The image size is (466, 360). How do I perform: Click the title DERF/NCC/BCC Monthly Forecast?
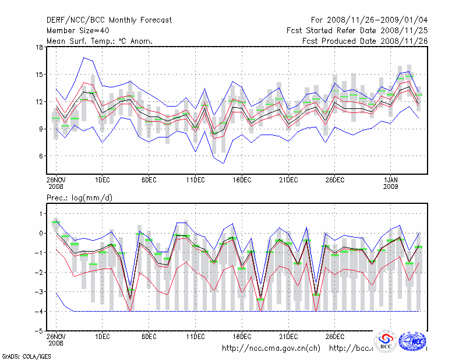[109, 20]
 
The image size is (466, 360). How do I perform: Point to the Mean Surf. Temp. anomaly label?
[100, 41]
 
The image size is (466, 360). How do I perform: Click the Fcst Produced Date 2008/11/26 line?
[365, 41]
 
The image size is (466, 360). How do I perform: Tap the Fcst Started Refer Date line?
[356, 30]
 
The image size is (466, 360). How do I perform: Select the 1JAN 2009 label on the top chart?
[390, 182]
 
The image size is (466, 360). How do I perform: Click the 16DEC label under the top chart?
[242, 179]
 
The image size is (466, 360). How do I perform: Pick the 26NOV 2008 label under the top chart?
[56, 182]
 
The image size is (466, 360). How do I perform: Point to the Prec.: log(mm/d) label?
[79, 198]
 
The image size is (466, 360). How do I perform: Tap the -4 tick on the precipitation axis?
[38, 312]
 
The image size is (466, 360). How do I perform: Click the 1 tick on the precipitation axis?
[40, 214]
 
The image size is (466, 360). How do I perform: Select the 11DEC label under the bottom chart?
[195, 336]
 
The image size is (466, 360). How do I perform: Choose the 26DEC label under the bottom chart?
[334, 336]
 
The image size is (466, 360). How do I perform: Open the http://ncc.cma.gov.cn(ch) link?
[271, 348]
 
